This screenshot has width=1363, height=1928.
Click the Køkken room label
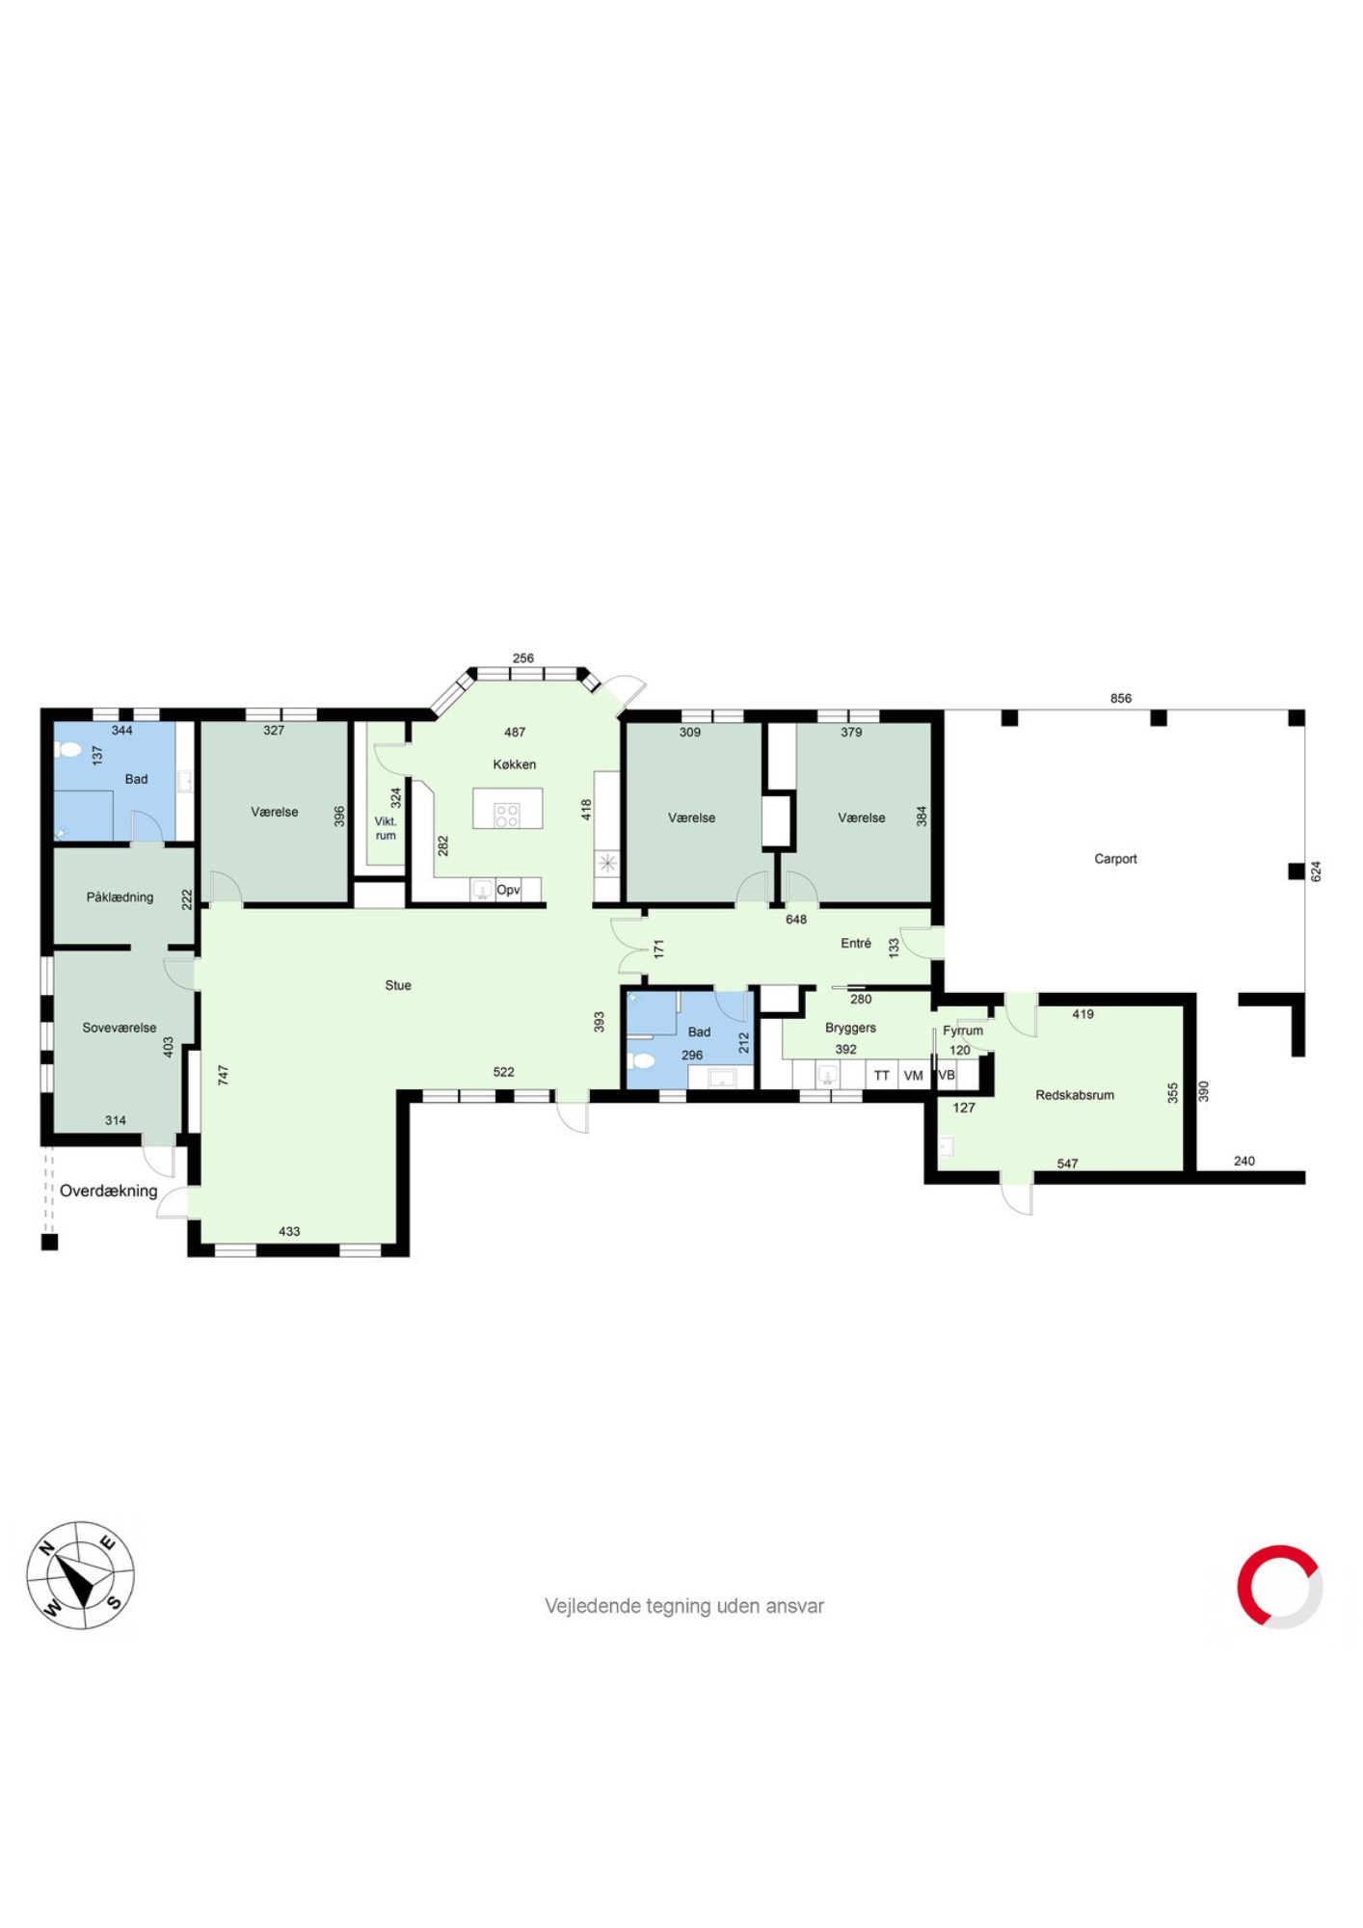(514, 764)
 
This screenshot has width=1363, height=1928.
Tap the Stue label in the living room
(398, 985)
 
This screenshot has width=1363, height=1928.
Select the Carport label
(1115, 859)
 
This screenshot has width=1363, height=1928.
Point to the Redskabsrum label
(1075, 1095)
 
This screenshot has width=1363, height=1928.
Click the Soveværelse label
(120, 1028)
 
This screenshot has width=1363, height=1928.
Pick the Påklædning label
(120, 897)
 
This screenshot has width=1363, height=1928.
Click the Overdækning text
(109, 1191)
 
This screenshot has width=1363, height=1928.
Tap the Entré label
(856, 943)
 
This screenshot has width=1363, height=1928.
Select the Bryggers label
(850, 1028)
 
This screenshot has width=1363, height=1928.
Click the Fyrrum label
(963, 1031)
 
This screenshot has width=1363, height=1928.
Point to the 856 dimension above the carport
(1121, 698)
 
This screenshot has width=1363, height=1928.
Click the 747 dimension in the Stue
(224, 1075)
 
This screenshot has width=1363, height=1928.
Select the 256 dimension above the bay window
(523, 658)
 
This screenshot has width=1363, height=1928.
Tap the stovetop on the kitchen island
(507, 816)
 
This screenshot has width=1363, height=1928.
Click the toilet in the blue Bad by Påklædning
(67, 749)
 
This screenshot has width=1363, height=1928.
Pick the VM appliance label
(914, 1076)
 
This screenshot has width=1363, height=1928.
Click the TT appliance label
(882, 1076)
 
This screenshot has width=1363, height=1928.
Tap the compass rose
(81, 1575)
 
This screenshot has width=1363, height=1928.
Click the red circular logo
(1280, 1587)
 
